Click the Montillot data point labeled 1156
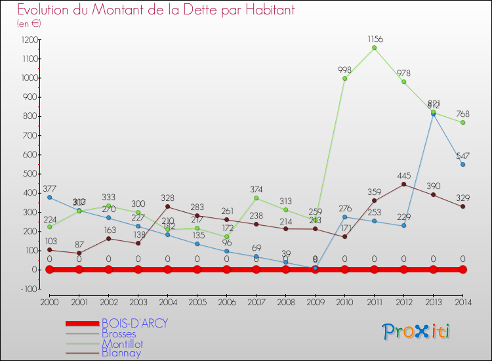tap(374, 48)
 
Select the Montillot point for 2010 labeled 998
tap(344, 78)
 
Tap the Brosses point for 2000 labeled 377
tap(49, 197)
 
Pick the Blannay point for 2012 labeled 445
tap(403, 184)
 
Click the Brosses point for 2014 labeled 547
tap(462, 164)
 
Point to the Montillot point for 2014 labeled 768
tap(462, 122)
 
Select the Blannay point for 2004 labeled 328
tap(167, 207)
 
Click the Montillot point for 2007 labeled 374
tap(256, 198)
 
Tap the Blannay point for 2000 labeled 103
tap(49, 249)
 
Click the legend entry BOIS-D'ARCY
tap(134, 324)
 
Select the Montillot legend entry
tap(122, 343)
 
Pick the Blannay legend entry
tap(121, 353)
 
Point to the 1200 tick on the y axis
tap(30, 39)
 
